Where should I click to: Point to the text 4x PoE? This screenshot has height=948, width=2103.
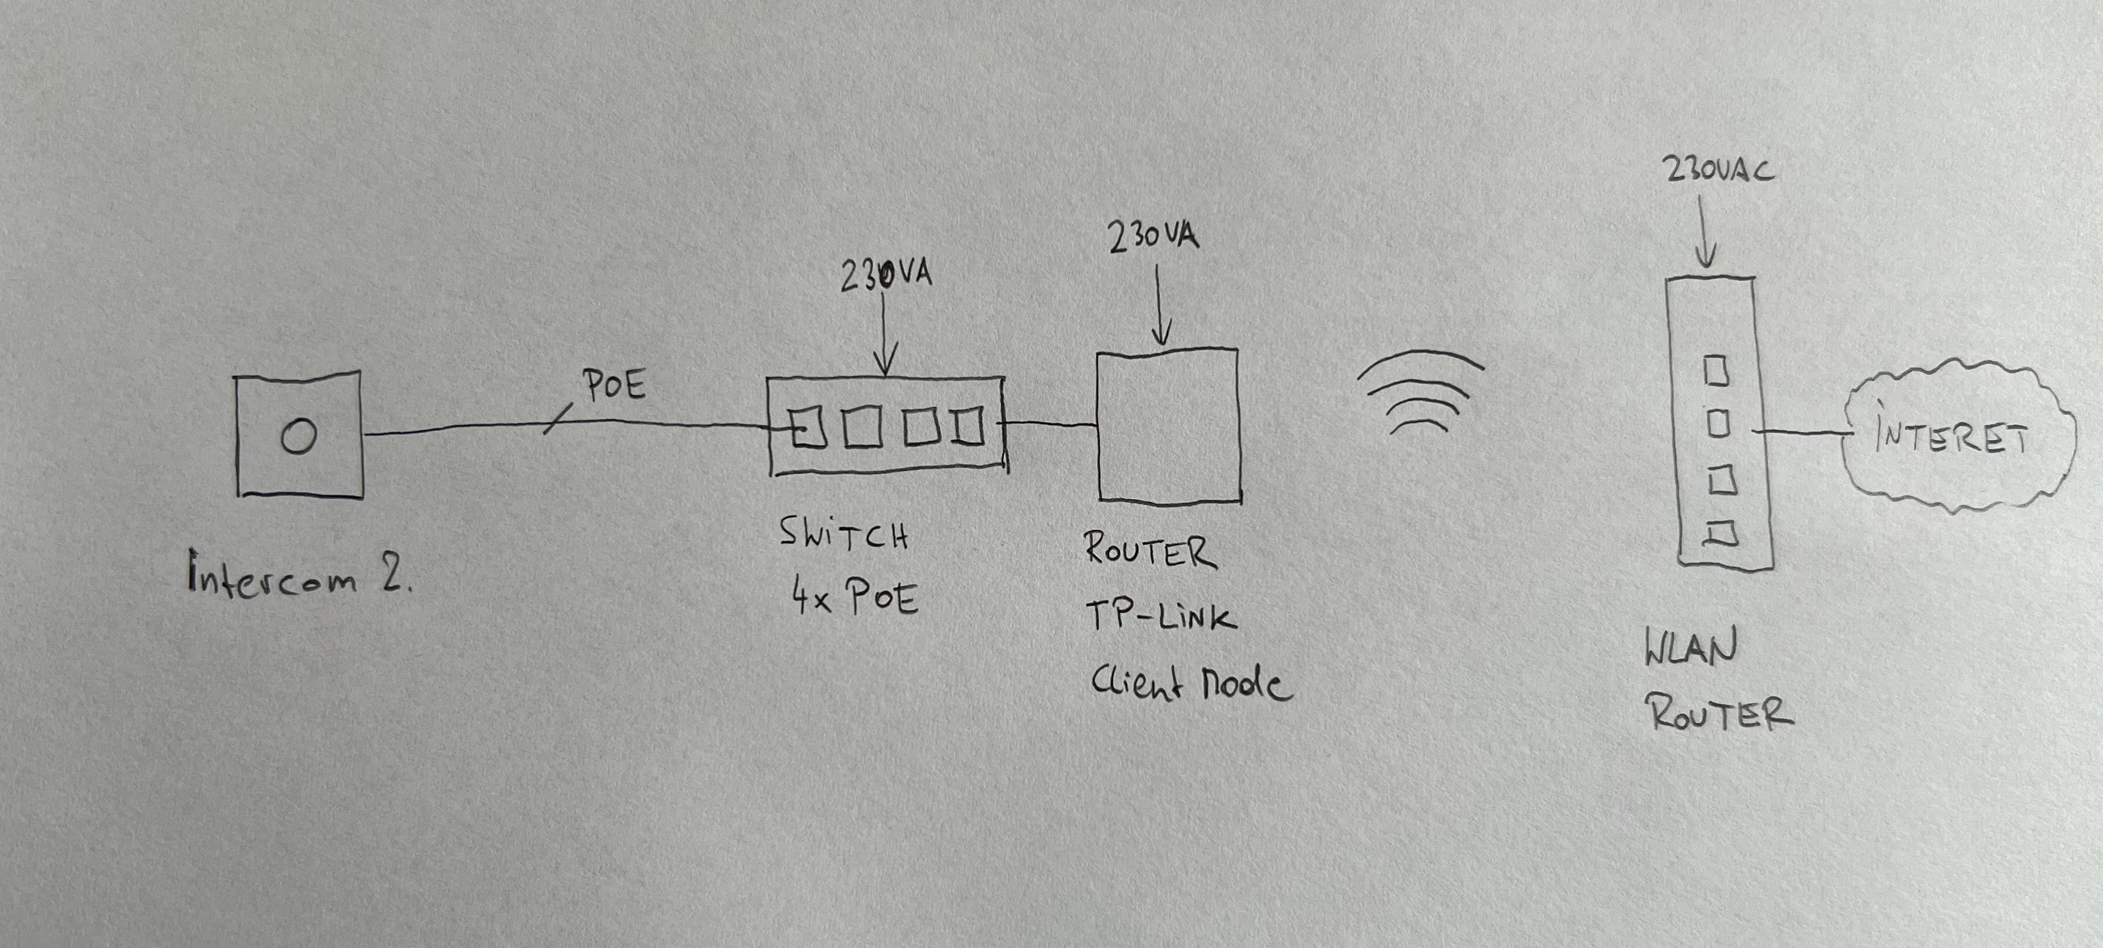[x=854, y=598]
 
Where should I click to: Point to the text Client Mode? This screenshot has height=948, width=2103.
[x=1191, y=684]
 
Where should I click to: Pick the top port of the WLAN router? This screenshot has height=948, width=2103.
[x=1716, y=372]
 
